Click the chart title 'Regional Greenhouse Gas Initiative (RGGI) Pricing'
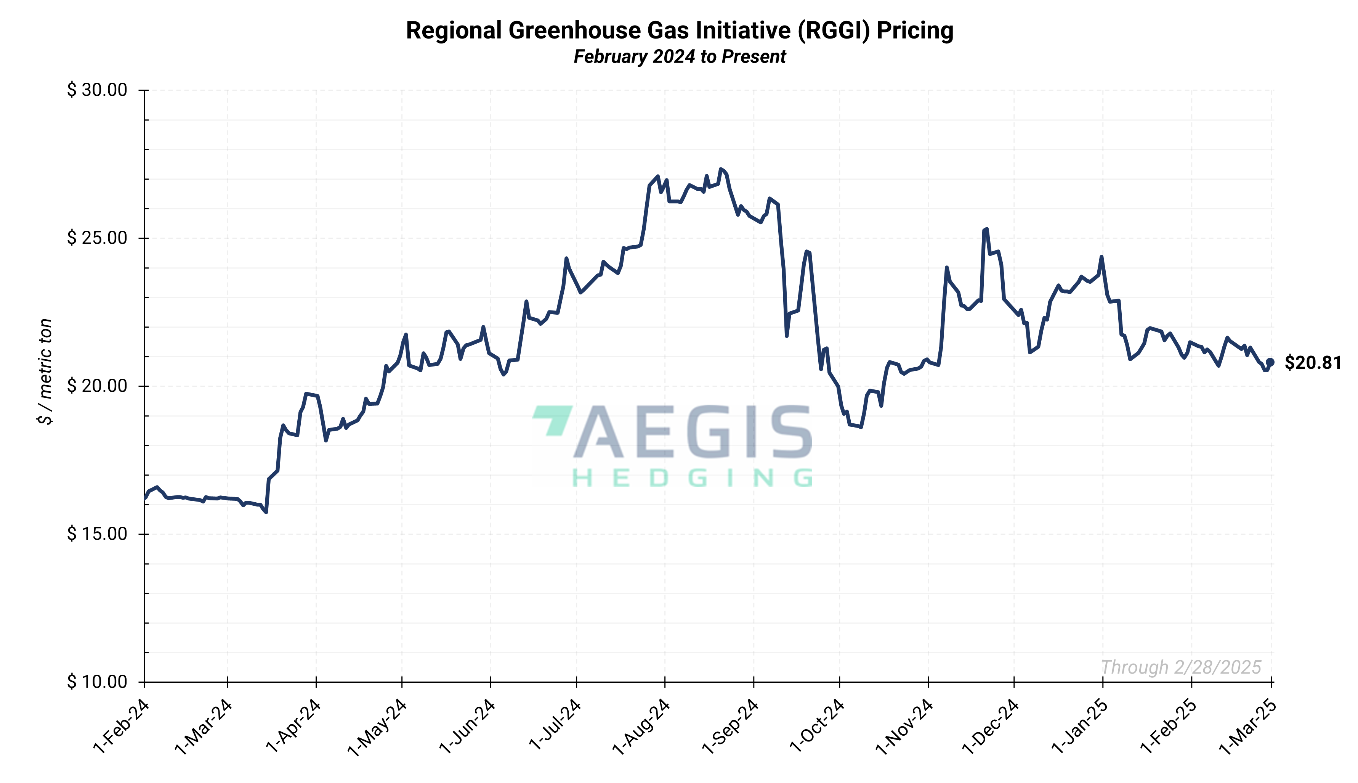point(679,31)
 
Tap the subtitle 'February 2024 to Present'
point(679,56)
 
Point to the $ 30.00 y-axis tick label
point(97,90)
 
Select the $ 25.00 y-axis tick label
point(97,238)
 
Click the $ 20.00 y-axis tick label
point(97,386)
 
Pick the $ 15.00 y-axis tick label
point(97,534)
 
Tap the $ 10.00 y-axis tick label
point(97,682)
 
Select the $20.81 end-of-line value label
point(1312,363)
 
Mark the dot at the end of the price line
point(1270,362)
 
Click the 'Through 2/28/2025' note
point(1181,667)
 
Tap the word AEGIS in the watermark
point(693,432)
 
